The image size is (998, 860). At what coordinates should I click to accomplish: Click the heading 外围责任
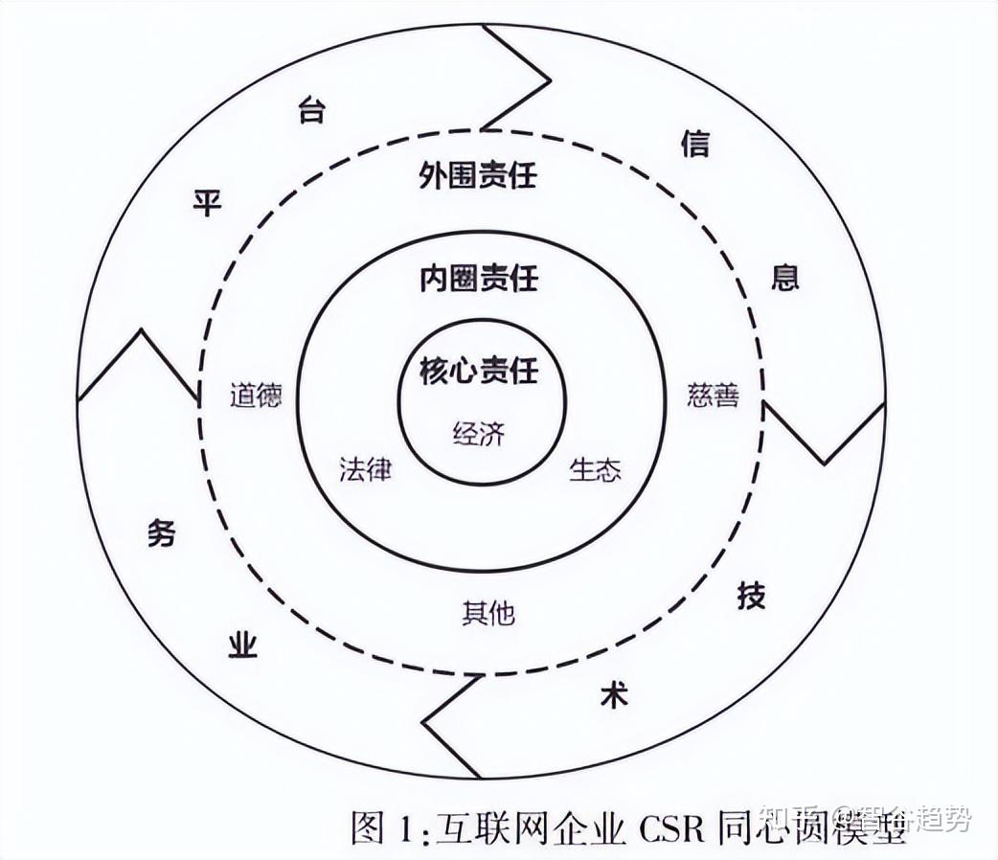[478, 176]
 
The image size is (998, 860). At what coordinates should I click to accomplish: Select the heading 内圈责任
[478, 280]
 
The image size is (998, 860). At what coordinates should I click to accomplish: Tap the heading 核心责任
[478, 372]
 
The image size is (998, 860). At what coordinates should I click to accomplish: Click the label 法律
[365, 470]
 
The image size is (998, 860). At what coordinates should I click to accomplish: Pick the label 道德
[256, 396]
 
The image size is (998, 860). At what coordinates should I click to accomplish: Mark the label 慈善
[713, 396]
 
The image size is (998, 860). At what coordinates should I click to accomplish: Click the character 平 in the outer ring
[207, 203]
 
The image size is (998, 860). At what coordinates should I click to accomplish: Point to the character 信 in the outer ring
[694, 145]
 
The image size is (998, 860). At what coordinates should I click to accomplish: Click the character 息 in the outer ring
[785, 278]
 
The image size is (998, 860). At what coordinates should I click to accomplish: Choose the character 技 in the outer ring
[751, 596]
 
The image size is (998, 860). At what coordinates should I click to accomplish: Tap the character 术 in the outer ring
[613, 695]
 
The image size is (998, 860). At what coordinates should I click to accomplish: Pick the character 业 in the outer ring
[242, 646]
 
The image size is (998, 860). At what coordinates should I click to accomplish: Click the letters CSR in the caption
[668, 825]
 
